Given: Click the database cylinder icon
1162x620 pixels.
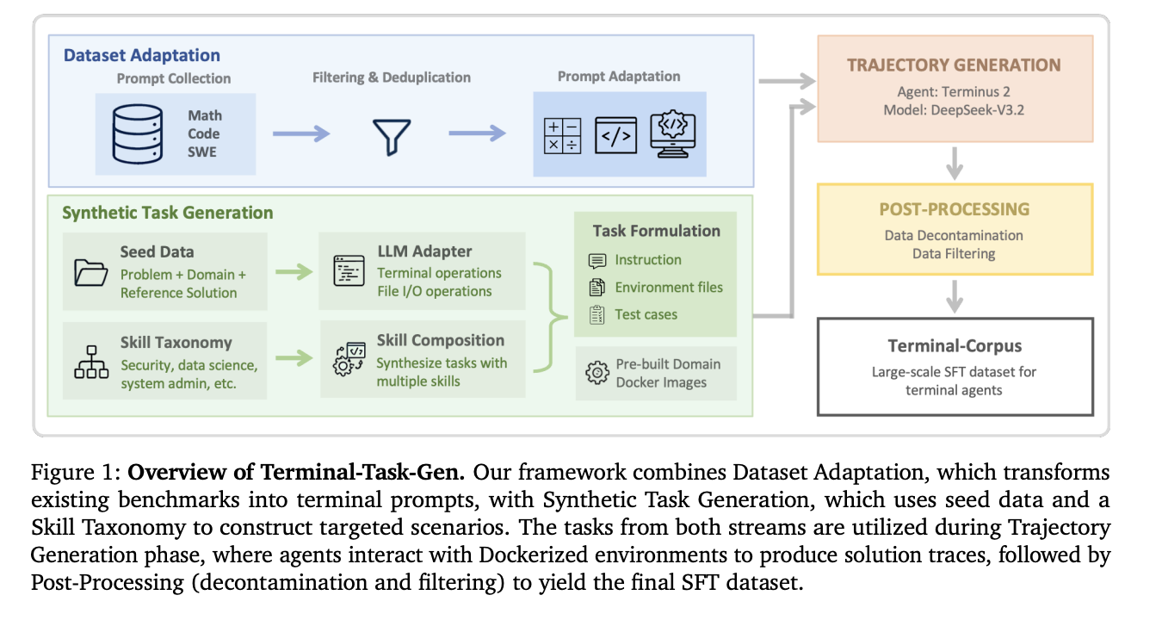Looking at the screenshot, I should coord(138,134).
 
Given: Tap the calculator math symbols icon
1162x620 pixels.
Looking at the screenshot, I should coord(562,136).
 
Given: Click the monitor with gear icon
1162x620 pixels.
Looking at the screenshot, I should coord(672,134).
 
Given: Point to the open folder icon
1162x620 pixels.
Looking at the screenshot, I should coord(90,272).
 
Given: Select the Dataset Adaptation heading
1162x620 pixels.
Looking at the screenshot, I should coord(142,56).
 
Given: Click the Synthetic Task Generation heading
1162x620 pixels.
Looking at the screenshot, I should coord(168,213).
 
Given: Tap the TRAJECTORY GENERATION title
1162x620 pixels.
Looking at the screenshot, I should coord(954,65).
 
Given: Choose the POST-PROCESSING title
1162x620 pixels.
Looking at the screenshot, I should coord(954,209).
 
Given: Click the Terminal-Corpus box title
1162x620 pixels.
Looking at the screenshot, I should coord(955,346).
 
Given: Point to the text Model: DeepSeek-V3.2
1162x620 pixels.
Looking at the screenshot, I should coord(955,110).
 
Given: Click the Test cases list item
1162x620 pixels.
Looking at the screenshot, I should coord(646,314).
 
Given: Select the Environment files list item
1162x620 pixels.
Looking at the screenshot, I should coord(669,288).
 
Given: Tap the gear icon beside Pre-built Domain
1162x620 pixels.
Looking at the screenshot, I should coord(596,373).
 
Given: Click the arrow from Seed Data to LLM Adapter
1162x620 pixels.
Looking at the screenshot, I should coord(294,272).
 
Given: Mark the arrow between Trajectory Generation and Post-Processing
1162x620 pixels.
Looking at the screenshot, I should coord(955,162).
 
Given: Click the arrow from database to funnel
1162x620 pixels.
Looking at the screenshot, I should coord(301,133).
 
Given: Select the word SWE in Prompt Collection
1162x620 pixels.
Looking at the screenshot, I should coord(204,152).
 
